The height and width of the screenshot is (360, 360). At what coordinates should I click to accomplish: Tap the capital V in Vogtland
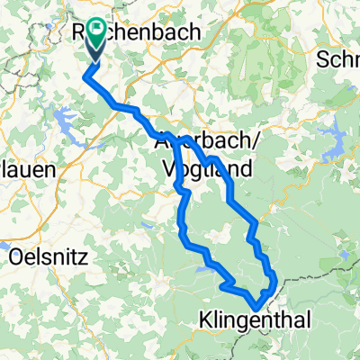(x=168, y=167)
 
